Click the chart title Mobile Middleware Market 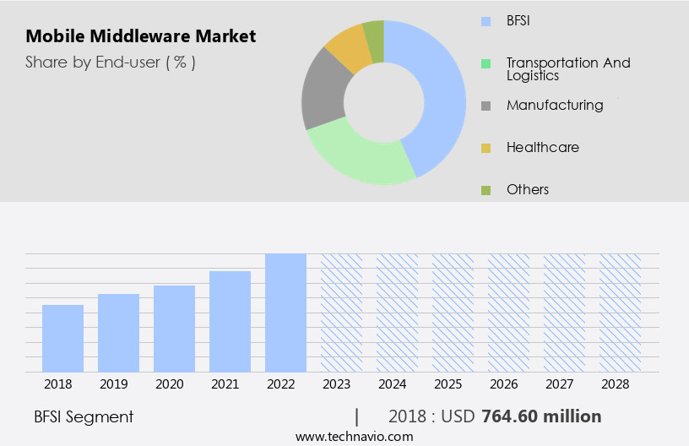tap(140, 37)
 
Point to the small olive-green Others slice tap(374, 32)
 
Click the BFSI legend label tap(518, 20)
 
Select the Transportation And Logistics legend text tap(567, 68)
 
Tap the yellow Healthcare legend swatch tap(486, 148)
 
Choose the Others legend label tap(527, 189)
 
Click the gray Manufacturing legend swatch tap(486, 106)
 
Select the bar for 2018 tap(62, 338)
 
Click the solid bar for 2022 tap(285, 313)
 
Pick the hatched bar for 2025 tap(453, 313)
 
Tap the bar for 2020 tap(174, 329)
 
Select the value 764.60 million tap(540, 416)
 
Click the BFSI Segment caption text tap(84, 416)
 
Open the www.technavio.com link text tap(354, 437)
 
